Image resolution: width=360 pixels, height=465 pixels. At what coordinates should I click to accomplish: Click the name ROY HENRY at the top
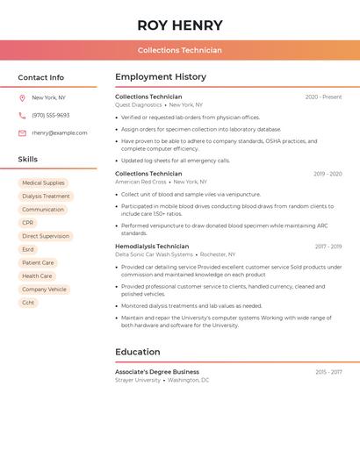coord(180,25)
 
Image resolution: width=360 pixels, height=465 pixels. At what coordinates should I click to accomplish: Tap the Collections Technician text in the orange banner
coord(180,50)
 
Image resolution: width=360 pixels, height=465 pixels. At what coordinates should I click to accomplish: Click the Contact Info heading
coord(41,77)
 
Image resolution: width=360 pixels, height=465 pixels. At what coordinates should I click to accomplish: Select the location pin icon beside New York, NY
coord(22,98)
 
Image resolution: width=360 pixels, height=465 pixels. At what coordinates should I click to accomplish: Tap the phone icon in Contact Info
coord(22,116)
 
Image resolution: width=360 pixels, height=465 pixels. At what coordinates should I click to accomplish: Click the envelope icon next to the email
coord(22,133)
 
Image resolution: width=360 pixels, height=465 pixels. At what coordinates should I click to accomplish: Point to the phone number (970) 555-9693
coord(51,116)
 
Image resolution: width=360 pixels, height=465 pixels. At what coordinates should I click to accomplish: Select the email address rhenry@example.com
coord(60,133)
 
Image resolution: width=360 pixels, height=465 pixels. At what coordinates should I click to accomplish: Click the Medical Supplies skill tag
coord(43,183)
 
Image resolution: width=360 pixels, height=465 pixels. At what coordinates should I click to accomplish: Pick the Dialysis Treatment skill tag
coord(46,197)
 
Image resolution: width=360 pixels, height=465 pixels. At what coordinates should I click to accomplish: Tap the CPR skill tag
coord(28,223)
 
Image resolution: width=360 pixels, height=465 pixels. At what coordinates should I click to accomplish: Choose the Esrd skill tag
coord(28,249)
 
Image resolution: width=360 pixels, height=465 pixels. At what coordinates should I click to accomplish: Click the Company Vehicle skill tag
coord(44,290)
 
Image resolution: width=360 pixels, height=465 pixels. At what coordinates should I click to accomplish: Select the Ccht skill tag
coord(29,303)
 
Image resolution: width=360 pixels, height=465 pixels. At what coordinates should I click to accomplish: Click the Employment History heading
coord(161,77)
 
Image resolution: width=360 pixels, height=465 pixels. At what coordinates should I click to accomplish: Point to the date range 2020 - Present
coord(323,97)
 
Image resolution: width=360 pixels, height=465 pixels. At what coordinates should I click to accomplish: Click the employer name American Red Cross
coord(140,182)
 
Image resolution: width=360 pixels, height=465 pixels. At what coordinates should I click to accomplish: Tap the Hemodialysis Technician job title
coord(152,247)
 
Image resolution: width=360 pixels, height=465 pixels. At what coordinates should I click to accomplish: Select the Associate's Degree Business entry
coord(157,372)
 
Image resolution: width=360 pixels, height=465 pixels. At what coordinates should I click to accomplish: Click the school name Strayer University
coord(138,381)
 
